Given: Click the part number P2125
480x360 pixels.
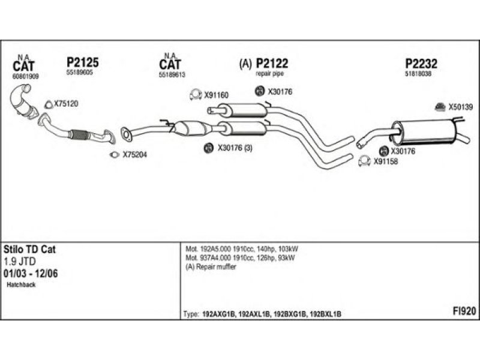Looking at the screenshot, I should coord(82,62).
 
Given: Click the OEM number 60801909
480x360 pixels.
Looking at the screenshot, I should coord(26,76).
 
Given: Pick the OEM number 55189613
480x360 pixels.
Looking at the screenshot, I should coord(172,76).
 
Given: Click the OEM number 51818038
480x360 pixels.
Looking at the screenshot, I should coord(418,73).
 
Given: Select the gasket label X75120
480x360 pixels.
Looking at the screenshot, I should coord(66,104).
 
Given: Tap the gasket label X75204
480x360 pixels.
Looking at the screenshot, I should coord(134,155).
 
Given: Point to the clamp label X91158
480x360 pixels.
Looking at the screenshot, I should coord(386,161).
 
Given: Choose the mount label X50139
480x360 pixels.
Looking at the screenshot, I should coord(461,107).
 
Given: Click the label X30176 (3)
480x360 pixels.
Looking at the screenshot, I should coord(235,148).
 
